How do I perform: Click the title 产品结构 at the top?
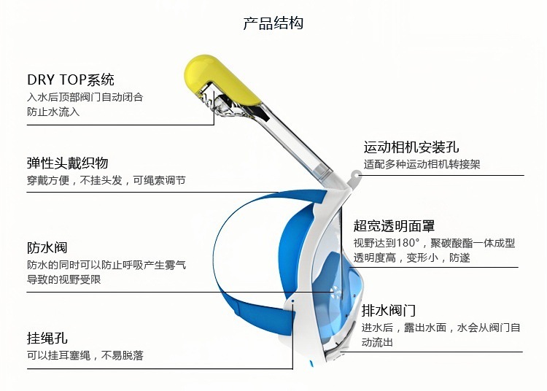273,23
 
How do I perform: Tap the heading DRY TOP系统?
71,80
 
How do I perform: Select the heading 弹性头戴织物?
68,163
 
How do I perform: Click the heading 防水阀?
47,248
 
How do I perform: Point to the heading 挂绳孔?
47,338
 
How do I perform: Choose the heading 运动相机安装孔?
411,148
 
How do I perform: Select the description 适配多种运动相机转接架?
422,165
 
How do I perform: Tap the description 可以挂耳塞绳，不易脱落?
85,355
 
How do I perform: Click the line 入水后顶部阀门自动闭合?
85,96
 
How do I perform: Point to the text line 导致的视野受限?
64,279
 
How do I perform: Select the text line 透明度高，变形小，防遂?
412,258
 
